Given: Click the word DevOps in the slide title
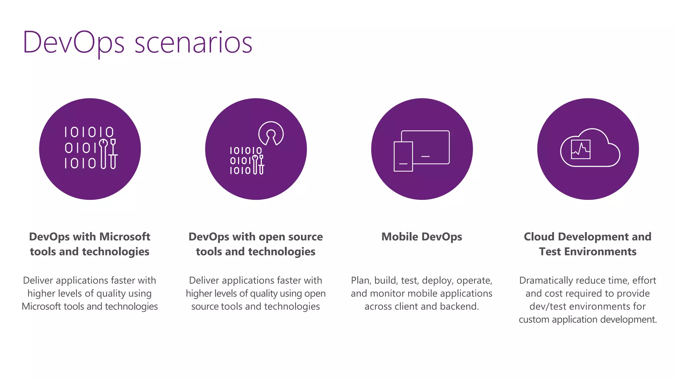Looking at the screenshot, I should [73, 43].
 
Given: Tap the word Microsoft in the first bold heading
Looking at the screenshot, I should [125, 237].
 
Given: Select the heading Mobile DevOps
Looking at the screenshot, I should [422, 237].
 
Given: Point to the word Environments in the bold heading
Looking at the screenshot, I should [600, 252].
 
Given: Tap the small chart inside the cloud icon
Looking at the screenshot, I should [581, 149].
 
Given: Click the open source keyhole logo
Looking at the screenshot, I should [271, 133].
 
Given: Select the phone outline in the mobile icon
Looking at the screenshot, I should [403, 156].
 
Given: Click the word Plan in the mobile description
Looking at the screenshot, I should [361, 280].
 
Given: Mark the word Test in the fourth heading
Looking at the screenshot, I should [550, 252].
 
